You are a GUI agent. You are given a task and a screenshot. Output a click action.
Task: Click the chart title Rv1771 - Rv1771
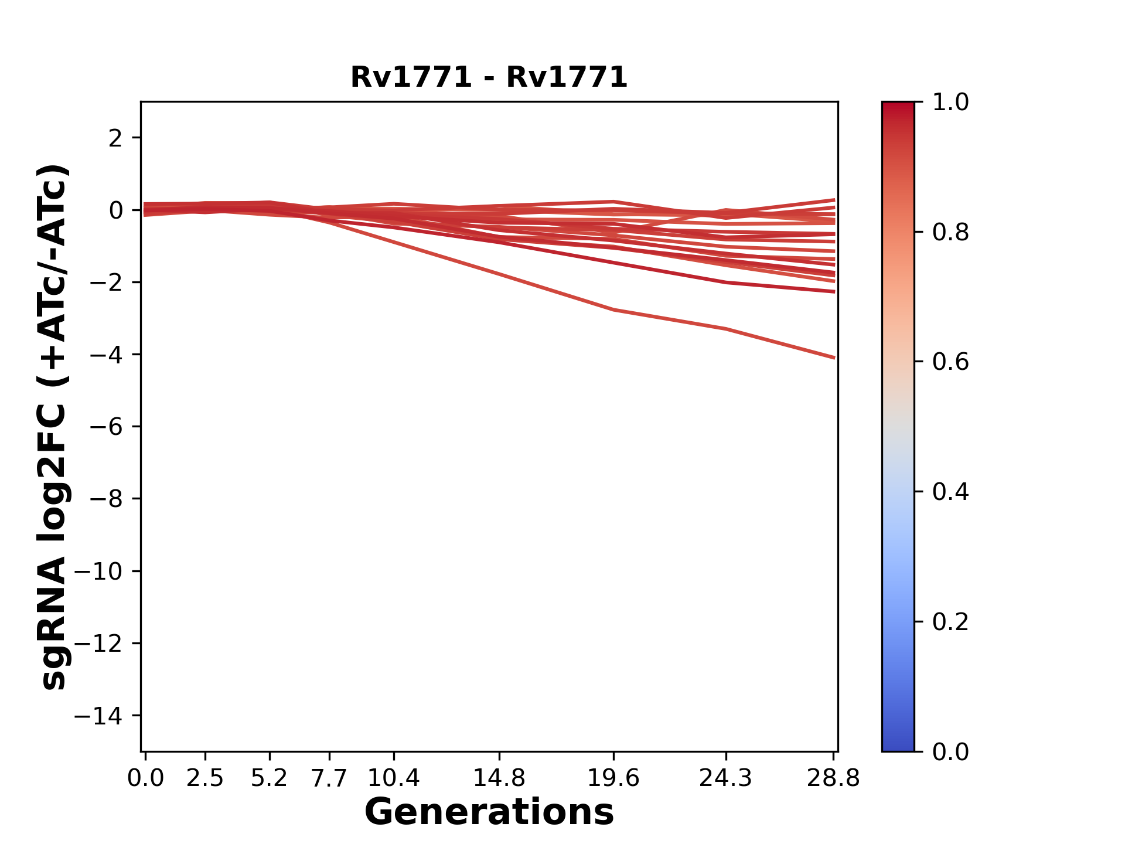pos(489,77)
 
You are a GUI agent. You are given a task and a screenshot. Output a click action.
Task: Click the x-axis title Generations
pos(489,812)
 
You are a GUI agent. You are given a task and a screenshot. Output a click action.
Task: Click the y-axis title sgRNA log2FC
pos(54,427)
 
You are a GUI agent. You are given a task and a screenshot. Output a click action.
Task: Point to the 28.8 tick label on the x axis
pos(833,778)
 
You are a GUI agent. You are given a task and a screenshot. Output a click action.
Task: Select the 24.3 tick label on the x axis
pos(726,778)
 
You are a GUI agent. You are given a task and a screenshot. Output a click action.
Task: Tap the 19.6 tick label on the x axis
pos(613,778)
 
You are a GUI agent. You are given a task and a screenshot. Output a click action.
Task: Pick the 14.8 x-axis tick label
pos(499,778)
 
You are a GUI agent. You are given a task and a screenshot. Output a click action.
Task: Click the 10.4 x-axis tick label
pos(393,778)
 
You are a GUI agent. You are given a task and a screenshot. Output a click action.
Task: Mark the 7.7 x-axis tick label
pos(329,778)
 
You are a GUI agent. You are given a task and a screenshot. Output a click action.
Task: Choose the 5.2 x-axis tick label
pos(270,778)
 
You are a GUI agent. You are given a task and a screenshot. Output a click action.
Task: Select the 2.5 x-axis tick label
pos(205,778)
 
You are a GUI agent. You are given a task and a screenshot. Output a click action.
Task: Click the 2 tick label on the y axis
pos(115,138)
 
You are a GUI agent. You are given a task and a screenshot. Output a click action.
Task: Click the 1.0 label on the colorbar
pos(950,103)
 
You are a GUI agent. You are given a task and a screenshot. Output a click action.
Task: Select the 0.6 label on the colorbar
pos(950,362)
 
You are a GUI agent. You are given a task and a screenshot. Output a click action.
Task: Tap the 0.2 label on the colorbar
pos(950,622)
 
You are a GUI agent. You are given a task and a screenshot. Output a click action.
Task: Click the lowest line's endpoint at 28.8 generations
pos(834,358)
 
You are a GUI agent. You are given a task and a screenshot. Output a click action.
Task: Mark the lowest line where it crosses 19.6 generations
pos(613,309)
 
